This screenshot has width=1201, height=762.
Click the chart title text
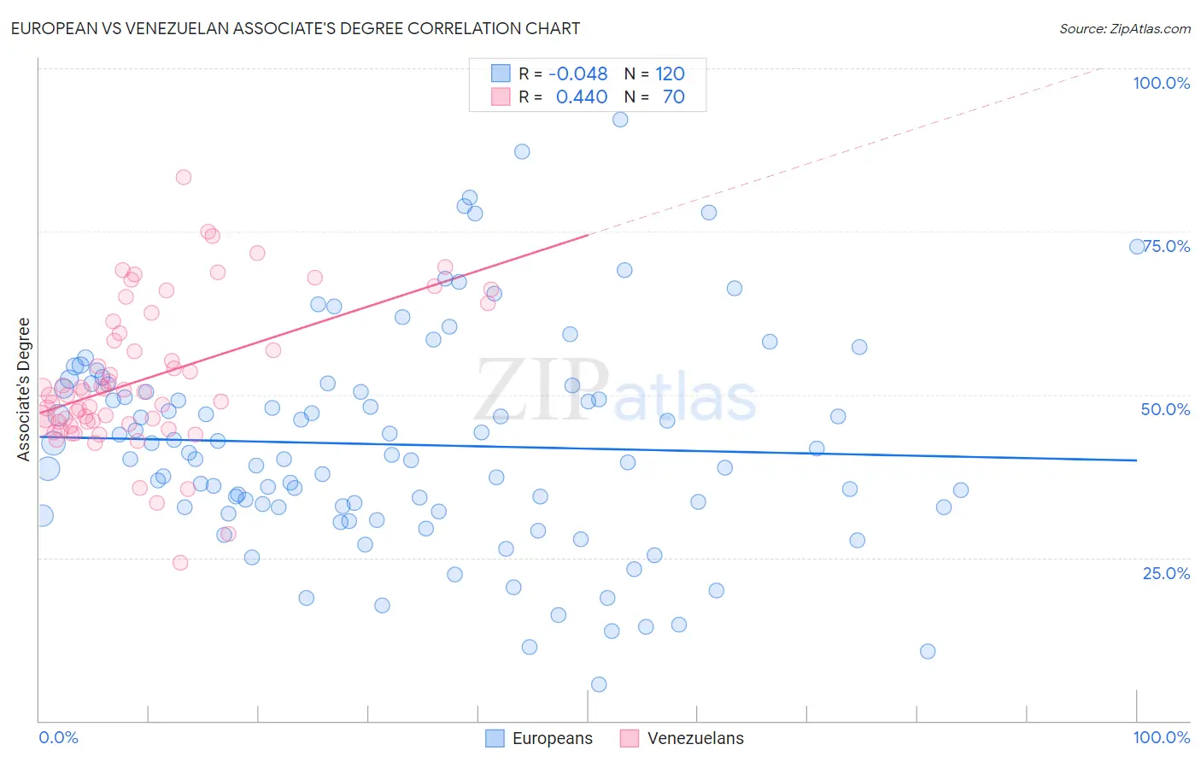pos(295,28)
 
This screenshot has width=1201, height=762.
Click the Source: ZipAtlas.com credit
pos(1124,28)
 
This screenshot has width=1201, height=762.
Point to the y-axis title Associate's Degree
pos(24,389)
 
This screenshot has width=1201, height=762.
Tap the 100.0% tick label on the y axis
pos(1161,83)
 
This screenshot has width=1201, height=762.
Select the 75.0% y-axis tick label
pos(1167,246)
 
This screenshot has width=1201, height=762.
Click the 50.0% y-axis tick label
pos(1165,409)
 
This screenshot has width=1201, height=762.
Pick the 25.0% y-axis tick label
pos(1166,572)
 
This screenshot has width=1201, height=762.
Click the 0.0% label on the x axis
pos(58,737)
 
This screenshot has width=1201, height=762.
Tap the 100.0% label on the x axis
pos(1161,737)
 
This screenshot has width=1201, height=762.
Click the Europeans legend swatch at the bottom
pos(495,738)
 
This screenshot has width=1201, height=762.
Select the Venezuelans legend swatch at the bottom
pos(630,738)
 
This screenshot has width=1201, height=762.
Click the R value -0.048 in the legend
pos(578,73)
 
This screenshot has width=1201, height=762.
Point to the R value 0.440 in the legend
pos(582,97)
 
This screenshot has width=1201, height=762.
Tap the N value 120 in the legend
pos(670,73)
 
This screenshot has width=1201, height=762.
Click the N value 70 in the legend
pos(673,97)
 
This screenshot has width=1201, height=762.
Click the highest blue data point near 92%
pos(620,119)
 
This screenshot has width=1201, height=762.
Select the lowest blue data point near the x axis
pos(599,684)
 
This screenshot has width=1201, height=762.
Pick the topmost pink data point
pos(183,177)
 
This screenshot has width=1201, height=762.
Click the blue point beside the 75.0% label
pos(1137,246)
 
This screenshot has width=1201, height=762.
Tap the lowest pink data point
pos(180,562)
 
